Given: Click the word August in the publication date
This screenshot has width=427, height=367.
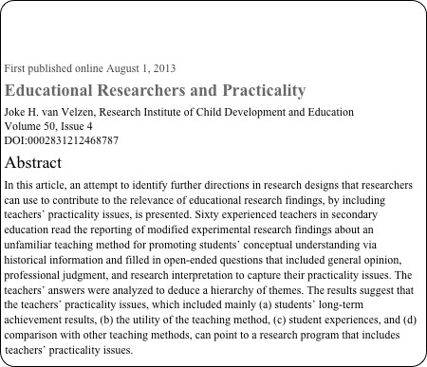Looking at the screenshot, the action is click(125, 68).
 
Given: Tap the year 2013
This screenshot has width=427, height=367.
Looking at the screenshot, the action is click(162, 68).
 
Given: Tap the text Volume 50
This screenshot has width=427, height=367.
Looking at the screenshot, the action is click(28, 126).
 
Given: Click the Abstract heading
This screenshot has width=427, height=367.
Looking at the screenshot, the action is click(33, 162).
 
